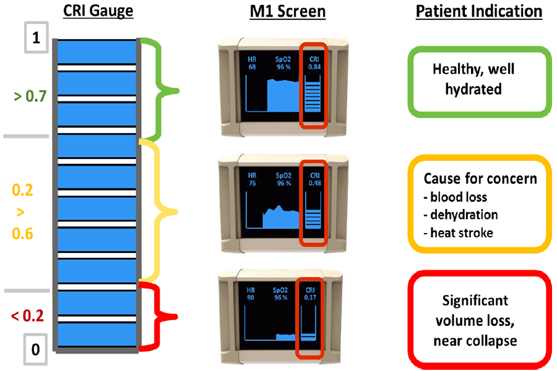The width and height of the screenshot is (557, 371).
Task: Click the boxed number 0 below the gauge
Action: pos(35,350)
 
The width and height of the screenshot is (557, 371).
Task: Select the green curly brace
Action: pos(162,90)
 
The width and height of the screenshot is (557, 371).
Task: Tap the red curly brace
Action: pos(162,317)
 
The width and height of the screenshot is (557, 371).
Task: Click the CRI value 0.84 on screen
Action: pos(314,67)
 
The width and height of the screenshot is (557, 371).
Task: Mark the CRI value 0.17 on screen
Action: pos(310,298)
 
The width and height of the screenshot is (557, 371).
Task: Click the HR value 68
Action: pos(250,67)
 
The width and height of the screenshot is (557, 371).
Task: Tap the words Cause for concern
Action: pos(480,179)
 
